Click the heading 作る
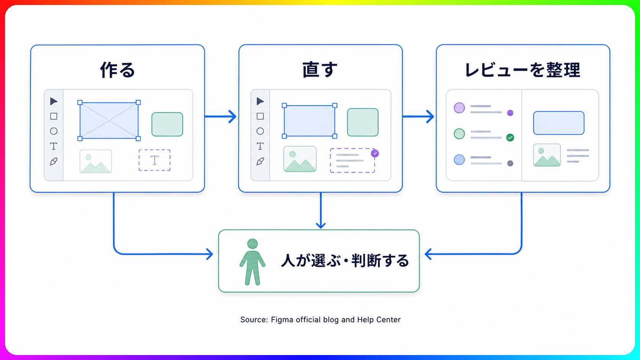118,70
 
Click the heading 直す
320,70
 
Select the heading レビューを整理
522,70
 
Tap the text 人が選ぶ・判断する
345,261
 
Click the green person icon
253,262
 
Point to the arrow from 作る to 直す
220,116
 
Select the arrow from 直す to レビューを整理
418,116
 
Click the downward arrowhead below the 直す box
321,225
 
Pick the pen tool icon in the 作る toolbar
54,161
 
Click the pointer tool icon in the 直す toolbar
260,101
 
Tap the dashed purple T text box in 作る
155,160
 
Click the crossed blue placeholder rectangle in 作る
109,121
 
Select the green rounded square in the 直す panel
363,122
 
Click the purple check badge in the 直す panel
375,153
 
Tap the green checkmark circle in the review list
510,138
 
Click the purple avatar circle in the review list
459,108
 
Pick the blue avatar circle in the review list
459,160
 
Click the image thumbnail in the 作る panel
96,161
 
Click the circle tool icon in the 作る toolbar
54,131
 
